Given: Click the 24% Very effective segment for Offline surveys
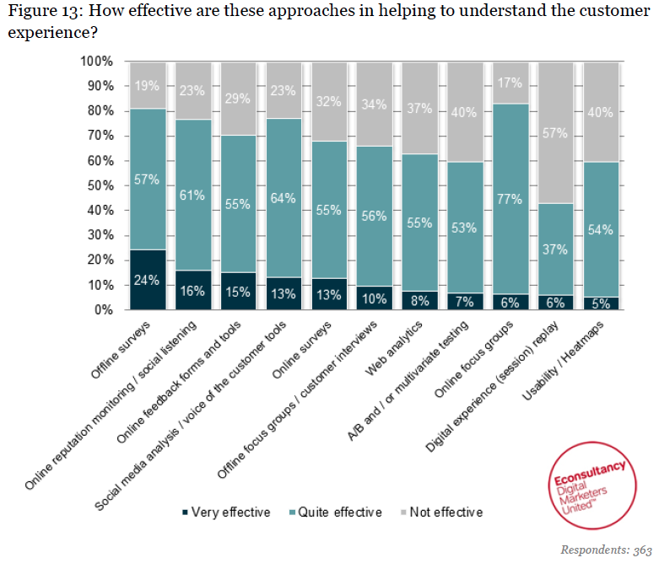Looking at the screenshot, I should [x=148, y=280].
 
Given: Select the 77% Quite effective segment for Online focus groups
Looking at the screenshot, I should [x=510, y=199].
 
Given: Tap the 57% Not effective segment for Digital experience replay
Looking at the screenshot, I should [x=555, y=132].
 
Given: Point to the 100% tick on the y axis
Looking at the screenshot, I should [x=97, y=62].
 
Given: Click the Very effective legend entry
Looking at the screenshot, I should [x=225, y=512].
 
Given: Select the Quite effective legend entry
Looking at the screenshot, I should [x=336, y=512].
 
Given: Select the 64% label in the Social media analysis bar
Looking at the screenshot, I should [x=283, y=198].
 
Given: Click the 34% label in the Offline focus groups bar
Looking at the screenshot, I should [x=374, y=105].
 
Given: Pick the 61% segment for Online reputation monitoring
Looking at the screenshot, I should [x=193, y=194].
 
